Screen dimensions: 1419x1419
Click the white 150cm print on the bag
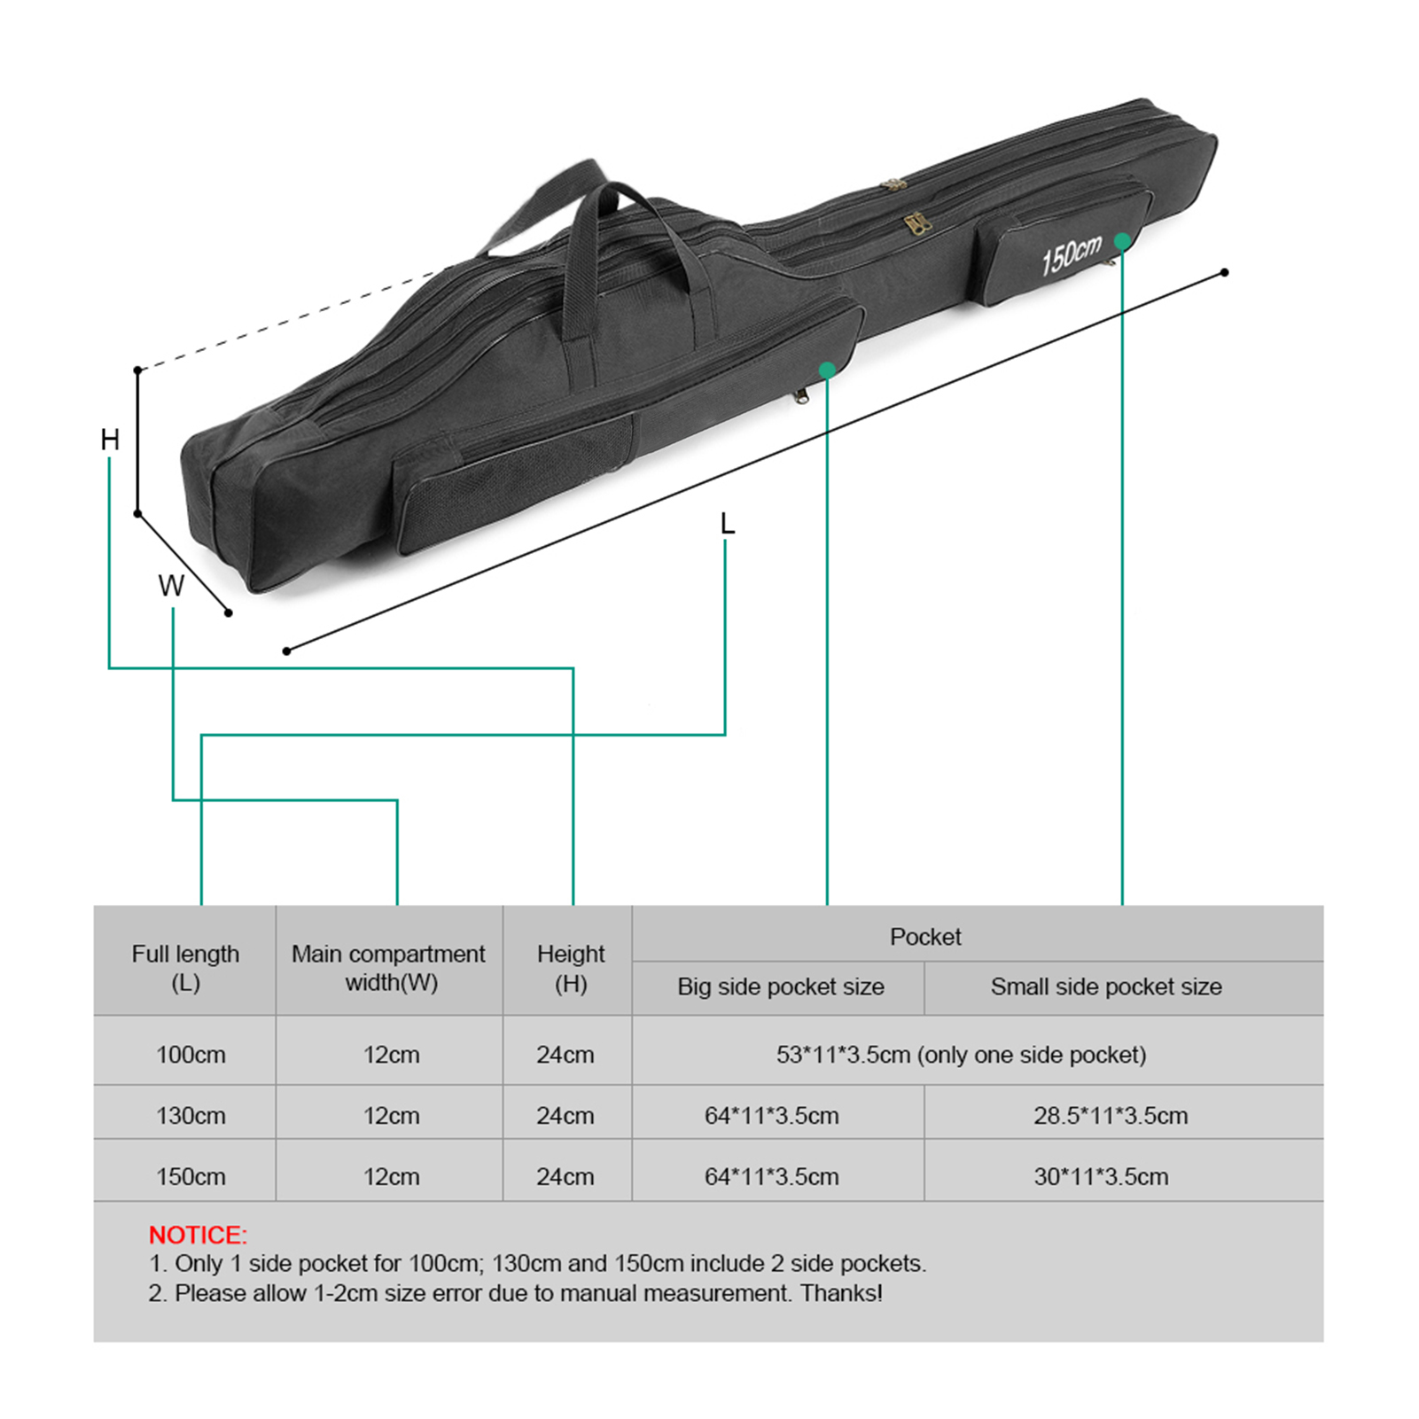tap(1071, 255)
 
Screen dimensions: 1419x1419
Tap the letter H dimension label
tap(110, 440)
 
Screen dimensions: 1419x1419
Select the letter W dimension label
tap(171, 586)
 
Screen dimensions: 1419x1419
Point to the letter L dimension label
tap(728, 524)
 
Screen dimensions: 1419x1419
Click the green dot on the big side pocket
tap(827, 370)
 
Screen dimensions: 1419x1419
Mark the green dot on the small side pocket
tap(1122, 241)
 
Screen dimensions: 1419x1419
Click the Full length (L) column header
tap(185, 968)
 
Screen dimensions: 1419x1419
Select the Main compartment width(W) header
tap(389, 968)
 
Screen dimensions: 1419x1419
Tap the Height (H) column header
tap(571, 968)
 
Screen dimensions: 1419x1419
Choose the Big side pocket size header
tap(781, 986)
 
